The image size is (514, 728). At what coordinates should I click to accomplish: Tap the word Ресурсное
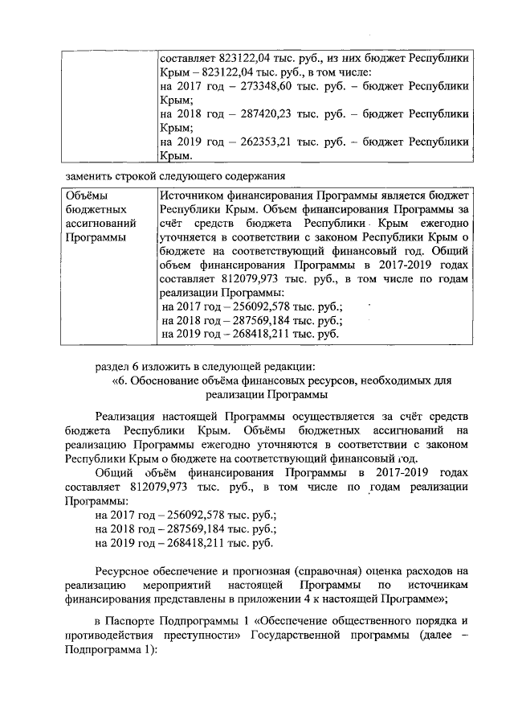point(124,570)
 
